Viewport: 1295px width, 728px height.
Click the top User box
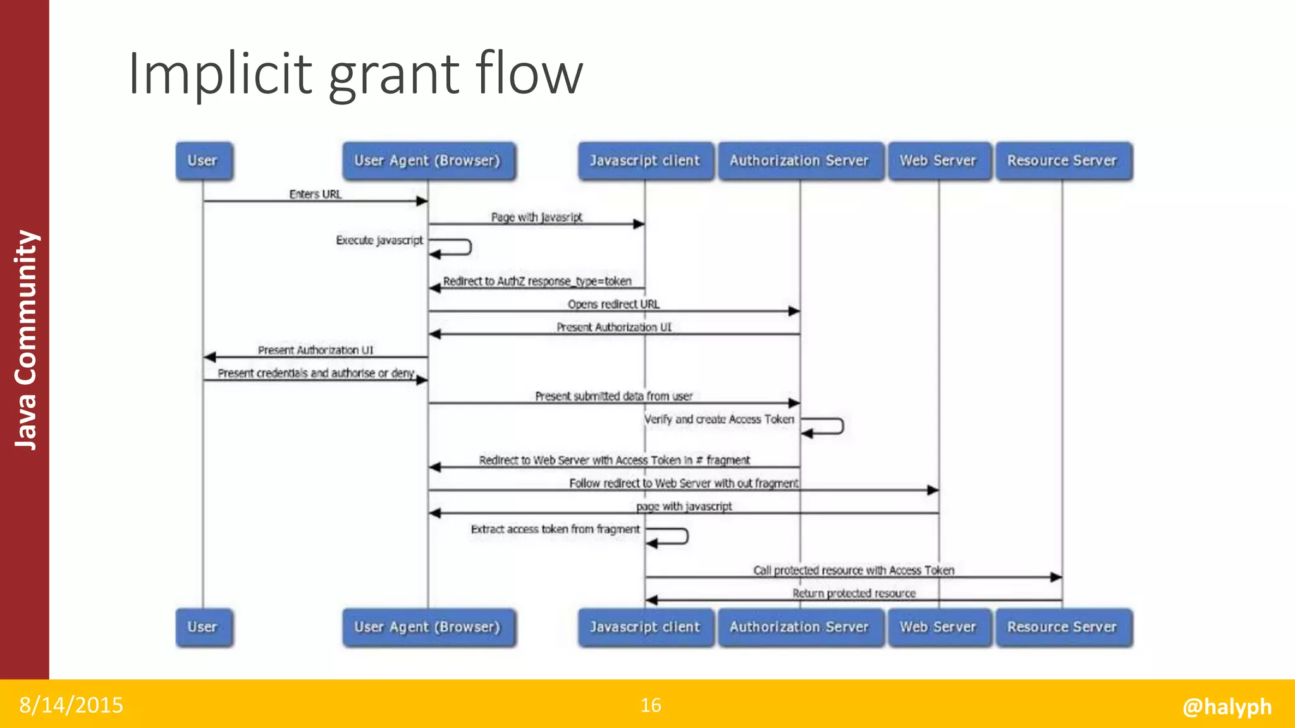tap(203, 161)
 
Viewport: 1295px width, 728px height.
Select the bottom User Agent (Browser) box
tap(428, 627)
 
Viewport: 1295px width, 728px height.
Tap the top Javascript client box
tap(645, 161)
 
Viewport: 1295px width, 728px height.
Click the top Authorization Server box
tap(799, 161)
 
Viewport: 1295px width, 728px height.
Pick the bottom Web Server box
tap(938, 627)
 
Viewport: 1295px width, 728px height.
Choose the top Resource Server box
tap(1062, 161)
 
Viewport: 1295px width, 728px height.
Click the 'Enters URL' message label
tap(315, 194)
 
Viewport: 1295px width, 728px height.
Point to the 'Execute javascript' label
tap(379, 240)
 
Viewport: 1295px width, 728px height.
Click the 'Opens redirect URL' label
tap(613, 304)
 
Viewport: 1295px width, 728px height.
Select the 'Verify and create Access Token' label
tap(719, 419)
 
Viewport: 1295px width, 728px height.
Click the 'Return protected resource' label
tap(854, 593)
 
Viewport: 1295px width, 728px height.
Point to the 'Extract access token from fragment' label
tap(555, 529)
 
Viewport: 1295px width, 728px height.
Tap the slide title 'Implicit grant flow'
tap(355, 74)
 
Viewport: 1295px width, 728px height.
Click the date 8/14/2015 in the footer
tap(71, 705)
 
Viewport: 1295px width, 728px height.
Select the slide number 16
tap(651, 705)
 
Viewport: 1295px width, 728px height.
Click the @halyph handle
tap(1227, 706)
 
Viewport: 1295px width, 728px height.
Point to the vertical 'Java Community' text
tap(26, 339)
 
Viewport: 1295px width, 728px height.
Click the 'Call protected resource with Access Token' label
tap(854, 570)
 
